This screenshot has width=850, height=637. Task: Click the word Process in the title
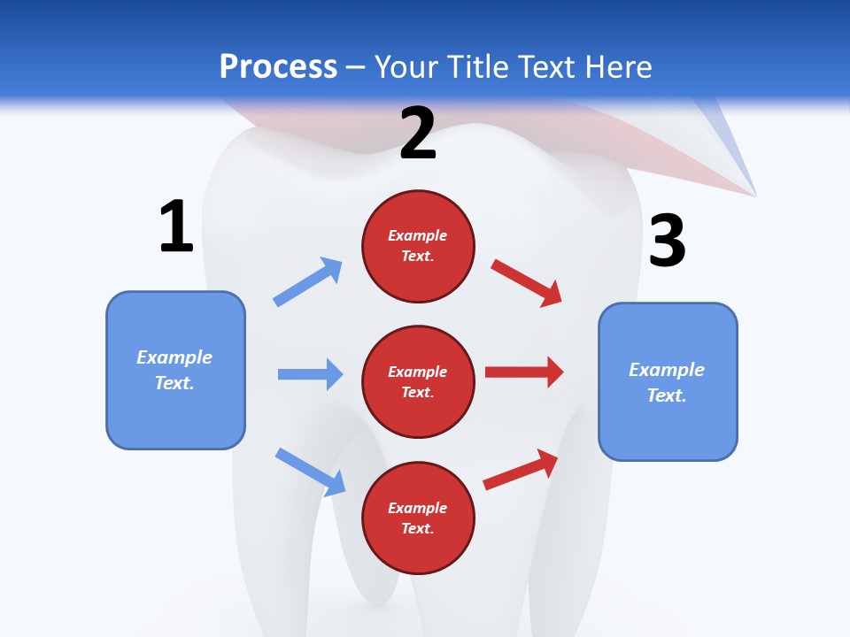pyautogui.click(x=278, y=67)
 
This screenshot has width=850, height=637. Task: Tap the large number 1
pyautogui.click(x=176, y=226)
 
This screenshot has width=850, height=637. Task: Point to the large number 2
pyautogui.click(x=418, y=134)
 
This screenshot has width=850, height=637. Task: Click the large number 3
pyautogui.click(x=667, y=241)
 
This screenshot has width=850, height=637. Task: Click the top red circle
pyautogui.click(x=418, y=246)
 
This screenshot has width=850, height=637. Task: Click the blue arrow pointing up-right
pyautogui.click(x=308, y=282)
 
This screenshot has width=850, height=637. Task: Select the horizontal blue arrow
pyautogui.click(x=310, y=374)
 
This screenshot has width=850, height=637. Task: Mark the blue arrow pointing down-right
pyautogui.click(x=310, y=472)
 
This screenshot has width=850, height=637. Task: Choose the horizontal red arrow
pyautogui.click(x=524, y=372)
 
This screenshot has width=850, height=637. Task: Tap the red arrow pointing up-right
pyautogui.click(x=521, y=470)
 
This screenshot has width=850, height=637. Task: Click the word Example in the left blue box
pyautogui.click(x=174, y=357)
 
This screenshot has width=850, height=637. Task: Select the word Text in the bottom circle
pyautogui.click(x=416, y=528)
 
